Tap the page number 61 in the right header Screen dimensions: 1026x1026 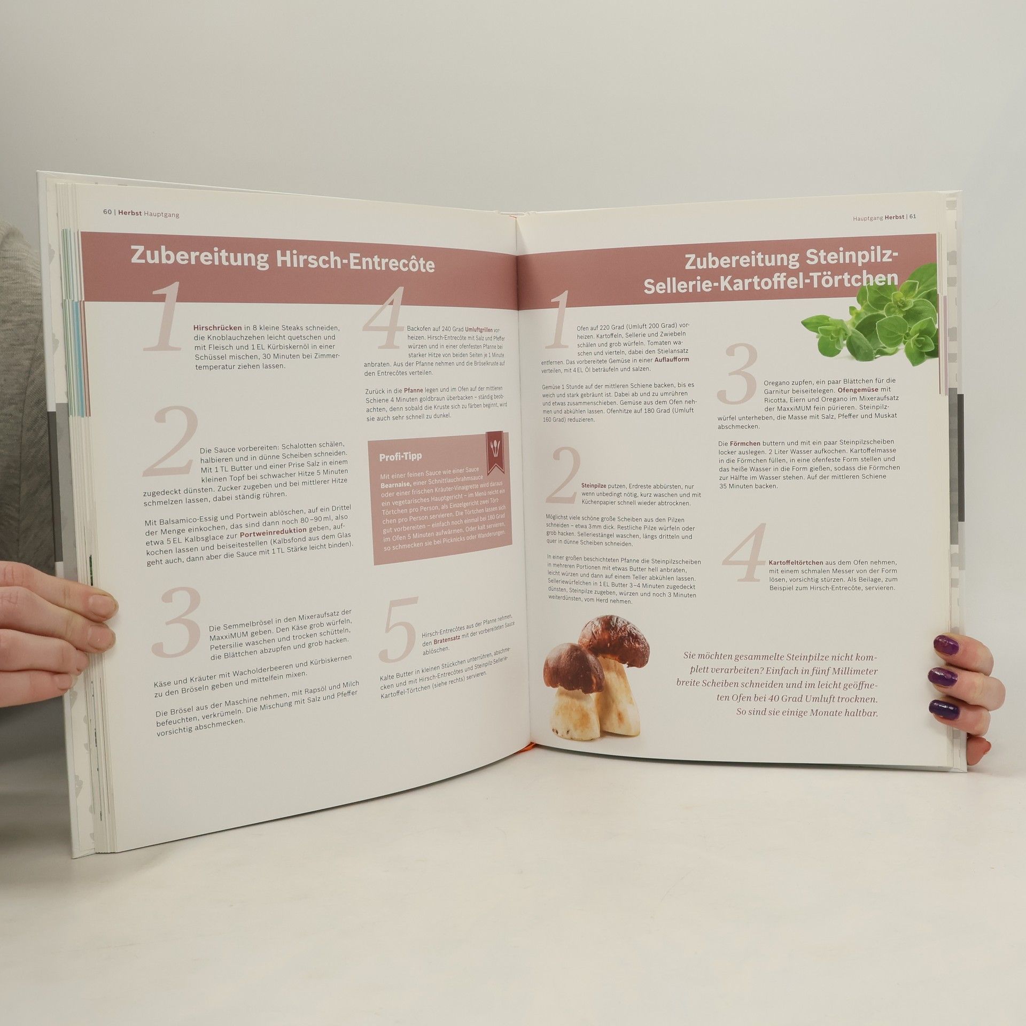click(x=913, y=217)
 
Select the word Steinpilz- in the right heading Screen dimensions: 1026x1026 click(x=845, y=260)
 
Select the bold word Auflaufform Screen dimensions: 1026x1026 click(x=672, y=360)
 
